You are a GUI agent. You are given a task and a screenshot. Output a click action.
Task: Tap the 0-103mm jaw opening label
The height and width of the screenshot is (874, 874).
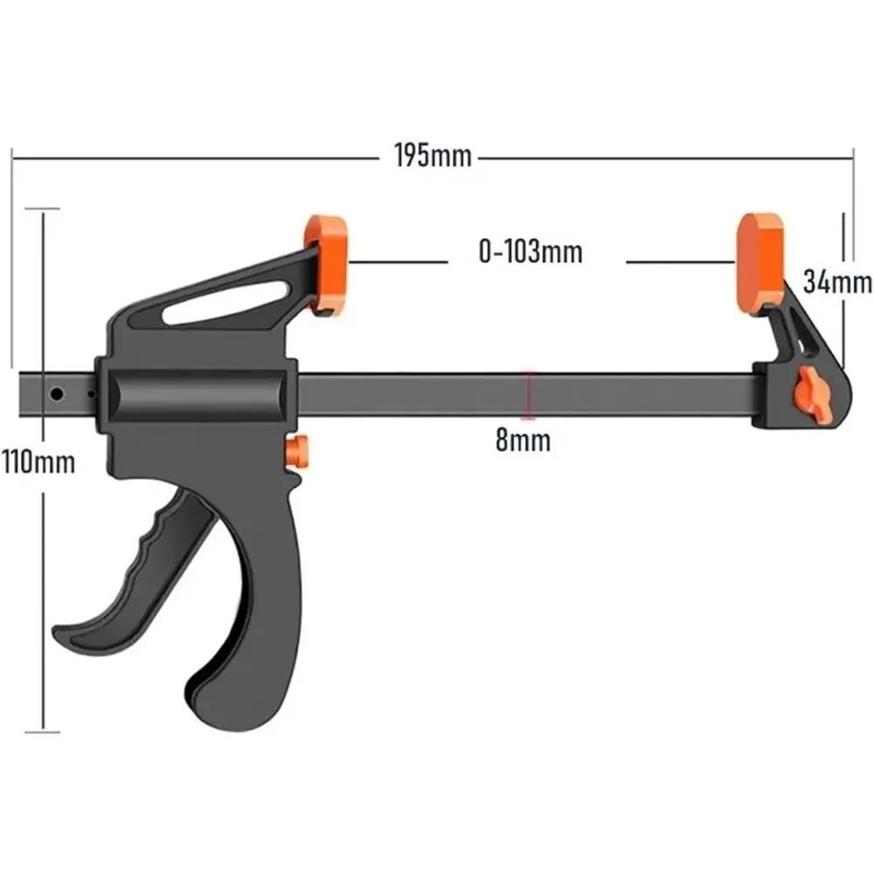point(530,253)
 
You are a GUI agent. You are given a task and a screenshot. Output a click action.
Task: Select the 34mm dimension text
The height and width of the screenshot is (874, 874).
point(837,281)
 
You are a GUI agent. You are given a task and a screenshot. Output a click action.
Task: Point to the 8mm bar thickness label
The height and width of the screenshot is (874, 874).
point(524,440)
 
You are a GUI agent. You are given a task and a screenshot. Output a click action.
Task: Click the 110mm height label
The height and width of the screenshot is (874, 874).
point(38,461)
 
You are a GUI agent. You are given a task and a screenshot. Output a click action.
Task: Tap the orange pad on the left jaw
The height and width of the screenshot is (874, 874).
point(326,262)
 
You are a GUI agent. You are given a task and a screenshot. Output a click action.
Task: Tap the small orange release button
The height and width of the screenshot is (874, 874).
point(298,452)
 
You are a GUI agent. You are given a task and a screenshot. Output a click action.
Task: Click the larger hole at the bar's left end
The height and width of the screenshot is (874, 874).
point(57,395)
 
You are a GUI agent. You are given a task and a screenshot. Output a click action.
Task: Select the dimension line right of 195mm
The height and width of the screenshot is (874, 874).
point(664,159)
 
